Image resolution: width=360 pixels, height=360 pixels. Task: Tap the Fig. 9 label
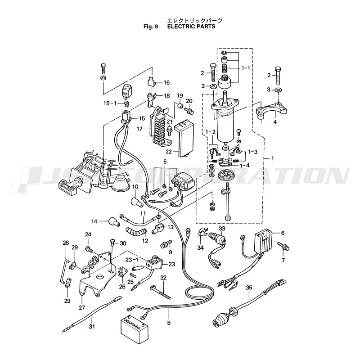tap(151, 27)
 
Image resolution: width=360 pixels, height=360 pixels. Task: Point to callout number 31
tap(92, 327)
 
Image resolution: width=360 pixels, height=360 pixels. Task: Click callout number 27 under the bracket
tap(81, 308)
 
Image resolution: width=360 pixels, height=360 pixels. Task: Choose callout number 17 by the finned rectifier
tap(140, 129)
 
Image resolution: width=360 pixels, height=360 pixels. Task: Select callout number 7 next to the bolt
tap(283, 261)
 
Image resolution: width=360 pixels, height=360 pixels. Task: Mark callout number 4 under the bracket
tap(274, 121)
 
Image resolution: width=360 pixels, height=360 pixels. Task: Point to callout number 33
tap(222, 229)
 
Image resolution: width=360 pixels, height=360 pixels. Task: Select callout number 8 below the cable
tap(169, 323)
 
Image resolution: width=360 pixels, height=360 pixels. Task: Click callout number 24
tap(88, 234)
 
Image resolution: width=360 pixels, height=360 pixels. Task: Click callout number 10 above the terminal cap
tap(135, 186)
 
